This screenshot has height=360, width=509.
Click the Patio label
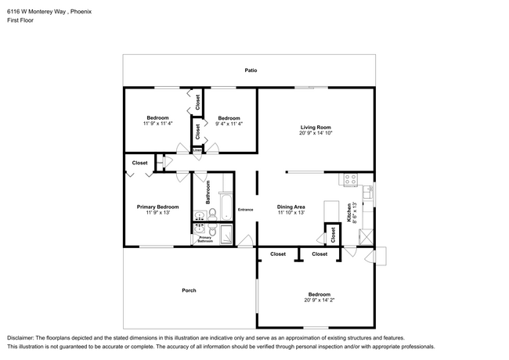click(x=251, y=70)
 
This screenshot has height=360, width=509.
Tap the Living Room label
click(x=316, y=128)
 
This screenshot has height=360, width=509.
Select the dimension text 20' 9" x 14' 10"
click(x=316, y=134)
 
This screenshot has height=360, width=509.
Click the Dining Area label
click(x=291, y=207)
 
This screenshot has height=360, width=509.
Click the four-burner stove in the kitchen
click(x=351, y=180)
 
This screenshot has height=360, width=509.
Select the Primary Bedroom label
click(x=154, y=207)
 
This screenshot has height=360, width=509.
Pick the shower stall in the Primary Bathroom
click(x=226, y=235)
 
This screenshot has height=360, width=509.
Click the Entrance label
click(x=246, y=210)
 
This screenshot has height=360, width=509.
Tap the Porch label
click(x=189, y=290)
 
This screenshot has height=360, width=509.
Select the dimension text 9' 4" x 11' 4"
click(x=229, y=124)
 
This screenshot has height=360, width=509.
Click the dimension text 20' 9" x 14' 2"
click(x=319, y=300)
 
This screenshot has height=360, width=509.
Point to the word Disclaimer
click(x=23, y=337)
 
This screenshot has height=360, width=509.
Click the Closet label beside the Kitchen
click(x=332, y=233)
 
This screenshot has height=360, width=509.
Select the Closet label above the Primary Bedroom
click(x=139, y=163)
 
